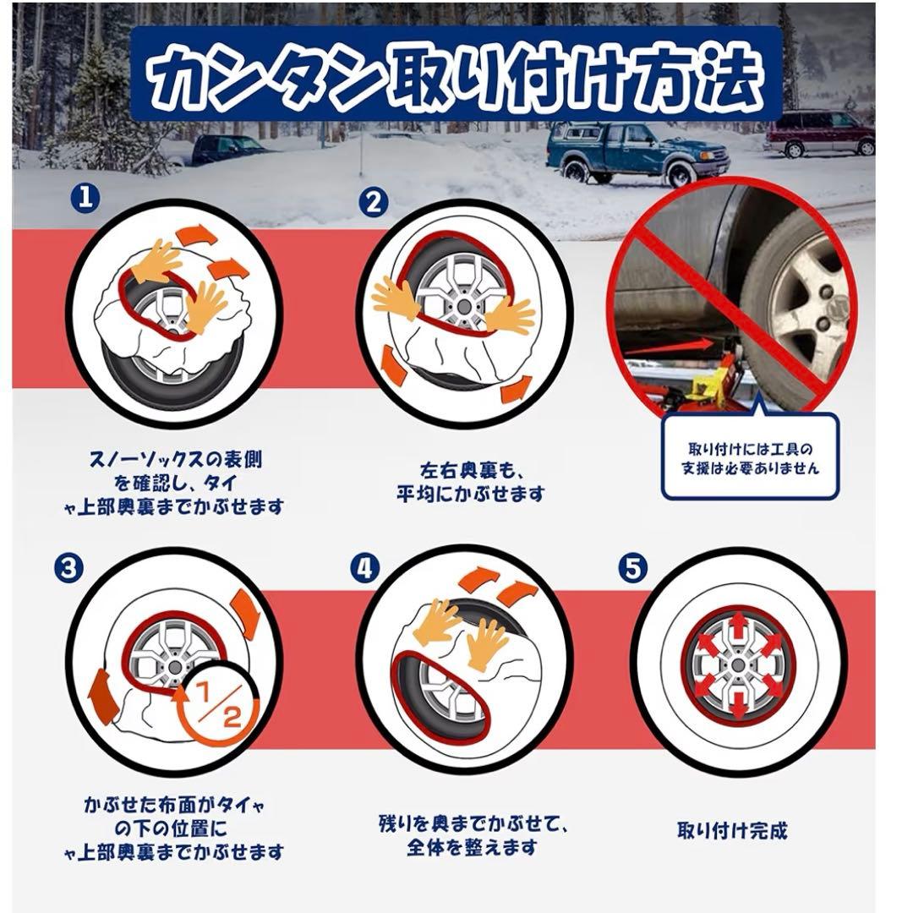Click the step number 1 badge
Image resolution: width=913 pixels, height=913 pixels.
point(85,199)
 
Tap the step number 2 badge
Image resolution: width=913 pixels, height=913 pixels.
point(374,201)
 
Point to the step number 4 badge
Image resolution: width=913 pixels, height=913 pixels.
point(365,568)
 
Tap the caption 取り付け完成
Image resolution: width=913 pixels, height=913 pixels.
point(732,830)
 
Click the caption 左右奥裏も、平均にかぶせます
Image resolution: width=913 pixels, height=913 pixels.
point(470,482)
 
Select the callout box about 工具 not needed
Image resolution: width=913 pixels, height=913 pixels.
point(751,456)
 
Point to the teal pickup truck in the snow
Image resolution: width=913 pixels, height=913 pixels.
point(637,151)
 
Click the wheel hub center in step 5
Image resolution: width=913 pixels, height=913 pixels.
point(739,665)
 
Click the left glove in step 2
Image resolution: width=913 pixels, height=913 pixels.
point(395,297)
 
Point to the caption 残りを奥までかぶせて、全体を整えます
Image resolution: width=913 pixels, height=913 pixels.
point(473,835)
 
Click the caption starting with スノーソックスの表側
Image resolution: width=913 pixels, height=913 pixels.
point(173,484)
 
